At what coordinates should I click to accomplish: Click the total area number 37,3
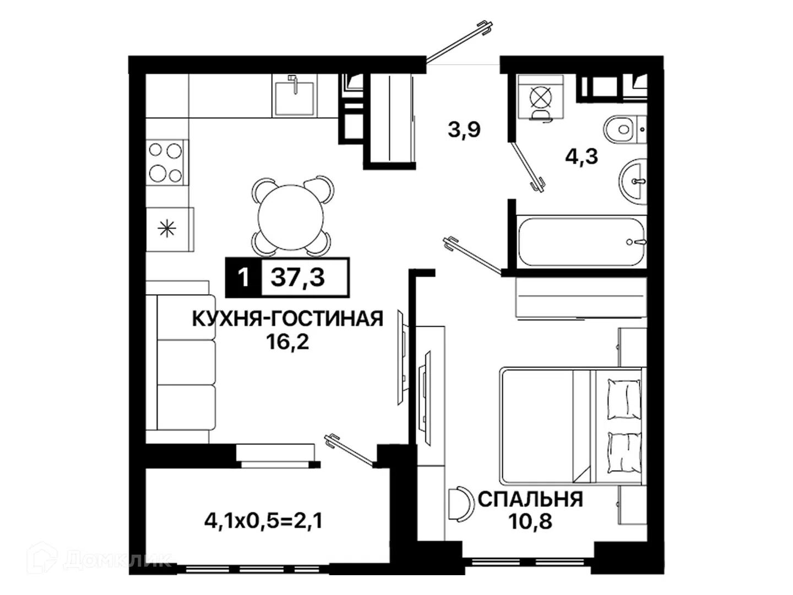tap(298, 278)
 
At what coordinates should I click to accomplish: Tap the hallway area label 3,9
tap(464, 129)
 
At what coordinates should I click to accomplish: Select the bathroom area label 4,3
tap(582, 156)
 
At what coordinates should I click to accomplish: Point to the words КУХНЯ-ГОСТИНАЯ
tap(287, 318)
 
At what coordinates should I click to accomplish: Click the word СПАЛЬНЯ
tap(530, 500)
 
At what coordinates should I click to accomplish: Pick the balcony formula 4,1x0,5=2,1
tap(263, 521)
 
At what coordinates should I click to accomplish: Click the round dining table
tap(291, 217)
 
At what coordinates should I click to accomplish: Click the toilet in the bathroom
tap(624, 129)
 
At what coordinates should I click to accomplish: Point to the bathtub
tap(581, 242)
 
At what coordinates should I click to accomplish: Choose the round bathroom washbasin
tap(633, 182)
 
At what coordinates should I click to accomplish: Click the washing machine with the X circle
tap(540, 96)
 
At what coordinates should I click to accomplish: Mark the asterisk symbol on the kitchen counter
tap(167, 229)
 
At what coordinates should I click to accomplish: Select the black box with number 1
tap(243, 278)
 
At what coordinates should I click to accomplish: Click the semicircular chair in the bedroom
tap(461, 503)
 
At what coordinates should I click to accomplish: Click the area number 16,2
tap(287, 342)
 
